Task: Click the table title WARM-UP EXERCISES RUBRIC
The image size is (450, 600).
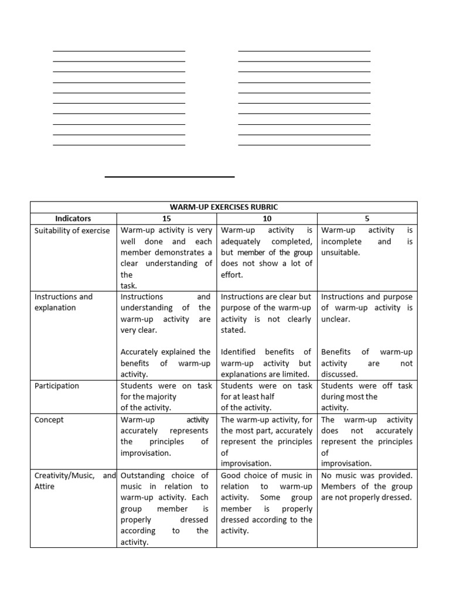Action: point(224,207)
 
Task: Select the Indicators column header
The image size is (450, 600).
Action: point(73,219)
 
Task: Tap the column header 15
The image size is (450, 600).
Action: point(166,219)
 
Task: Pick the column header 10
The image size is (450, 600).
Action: point(267,219)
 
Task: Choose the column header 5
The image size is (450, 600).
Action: point(367,219)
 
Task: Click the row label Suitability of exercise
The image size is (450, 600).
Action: point(72,230)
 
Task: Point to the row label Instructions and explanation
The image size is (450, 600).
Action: point(63,302)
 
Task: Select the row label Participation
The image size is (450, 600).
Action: point(57,386)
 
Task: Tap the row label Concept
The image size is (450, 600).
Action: point(49,420)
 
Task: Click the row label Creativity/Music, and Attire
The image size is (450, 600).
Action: point(75,480)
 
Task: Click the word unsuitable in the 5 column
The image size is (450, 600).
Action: point(340,253)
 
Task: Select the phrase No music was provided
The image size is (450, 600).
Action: point(367,475)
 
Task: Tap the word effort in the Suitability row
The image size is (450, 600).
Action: point(231,274)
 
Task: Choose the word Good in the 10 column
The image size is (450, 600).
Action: point(231,475)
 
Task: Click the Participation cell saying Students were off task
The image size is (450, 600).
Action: point(367,396)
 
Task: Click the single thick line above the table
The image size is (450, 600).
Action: point(169,176)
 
